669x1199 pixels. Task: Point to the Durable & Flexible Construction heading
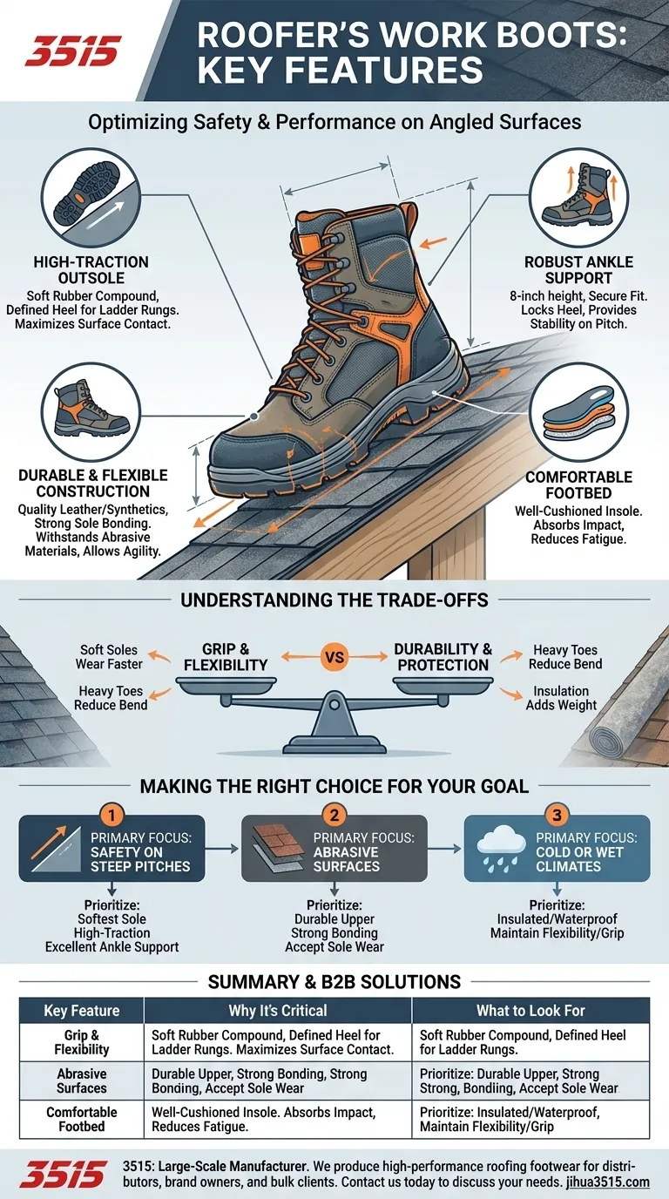91,484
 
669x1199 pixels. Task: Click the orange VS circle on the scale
334,657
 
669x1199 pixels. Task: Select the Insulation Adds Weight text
562,698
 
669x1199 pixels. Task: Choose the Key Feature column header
81,1011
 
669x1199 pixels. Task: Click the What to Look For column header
530,1011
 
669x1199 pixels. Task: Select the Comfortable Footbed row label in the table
81,1120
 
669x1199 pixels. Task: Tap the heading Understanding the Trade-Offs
334,600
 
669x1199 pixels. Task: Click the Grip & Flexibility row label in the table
81,1042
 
